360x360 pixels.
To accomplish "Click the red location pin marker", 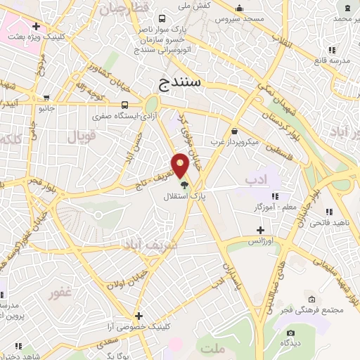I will tap(181, 165).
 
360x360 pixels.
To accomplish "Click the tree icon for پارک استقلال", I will tap(184, 185).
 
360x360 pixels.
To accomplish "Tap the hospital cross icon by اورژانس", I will tap(260, 230).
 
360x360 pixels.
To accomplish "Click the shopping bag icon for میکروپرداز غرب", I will tap(233, 131).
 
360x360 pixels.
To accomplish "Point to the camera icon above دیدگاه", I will tap(290, 333).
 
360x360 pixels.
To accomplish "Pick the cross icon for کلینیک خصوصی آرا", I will tap(139, 316).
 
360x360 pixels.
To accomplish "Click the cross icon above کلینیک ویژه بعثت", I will tap(35, 27).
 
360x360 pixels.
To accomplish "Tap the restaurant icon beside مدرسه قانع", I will tap(331, 50).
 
